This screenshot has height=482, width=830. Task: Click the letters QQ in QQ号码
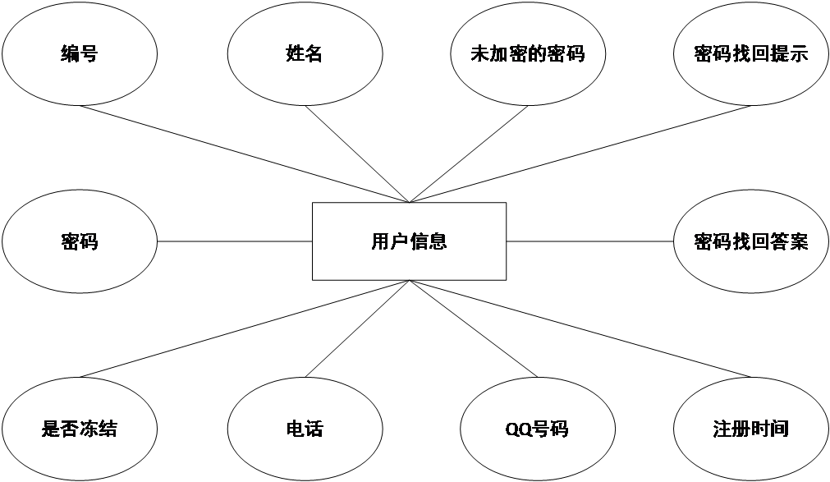pos(520,429)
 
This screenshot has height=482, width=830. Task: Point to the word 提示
pos(789,55)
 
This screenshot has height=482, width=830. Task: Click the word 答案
pos(789,242)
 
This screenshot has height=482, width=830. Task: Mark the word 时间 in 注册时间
pos(770,429)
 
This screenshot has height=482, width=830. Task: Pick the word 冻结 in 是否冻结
pos(99,429)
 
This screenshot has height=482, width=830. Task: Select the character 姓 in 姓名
pos(295,55)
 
